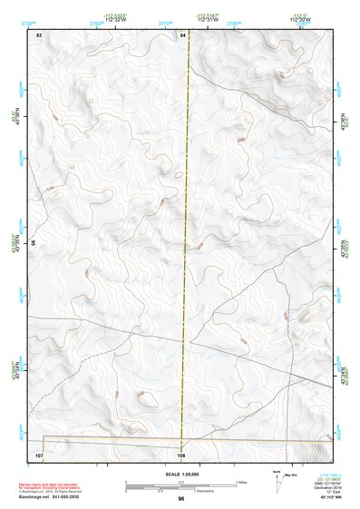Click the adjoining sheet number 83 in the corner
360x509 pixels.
pyautogui.click(x=39, y=34)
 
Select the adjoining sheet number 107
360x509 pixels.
pyautogui.click(x=39, y=452)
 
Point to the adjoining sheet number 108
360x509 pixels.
pyautogui.click(x=181, y=452)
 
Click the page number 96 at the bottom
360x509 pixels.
pyautogui.click(x=181, y=499)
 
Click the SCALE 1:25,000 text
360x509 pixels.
pyautogui.click(x=181, y=475)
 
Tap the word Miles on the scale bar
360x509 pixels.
pyautogui.click(x=241, y=481)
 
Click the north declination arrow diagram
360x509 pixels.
pyautogui.click(x=277, y=481)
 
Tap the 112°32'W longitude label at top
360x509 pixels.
pyautogui.click(x=114, y=19)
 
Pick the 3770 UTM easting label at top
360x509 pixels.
pyautogui.click(x=166, y=24)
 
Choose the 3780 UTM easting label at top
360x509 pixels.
pyautogui.click(x=234, y=24)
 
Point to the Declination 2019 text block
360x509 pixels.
pyautogui.click(x=329, y=485)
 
